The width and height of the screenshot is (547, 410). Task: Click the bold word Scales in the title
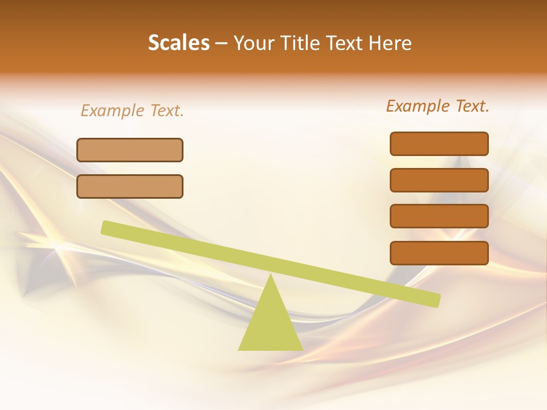179,43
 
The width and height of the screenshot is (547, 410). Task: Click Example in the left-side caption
113,110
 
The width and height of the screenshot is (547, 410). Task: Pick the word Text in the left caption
166,110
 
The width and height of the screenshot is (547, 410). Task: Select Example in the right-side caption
418,106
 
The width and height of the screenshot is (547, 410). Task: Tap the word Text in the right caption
471,106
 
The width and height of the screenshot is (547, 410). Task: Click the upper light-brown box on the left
130,150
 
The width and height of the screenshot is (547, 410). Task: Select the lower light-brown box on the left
130,186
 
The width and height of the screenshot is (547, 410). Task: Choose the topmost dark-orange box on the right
439,143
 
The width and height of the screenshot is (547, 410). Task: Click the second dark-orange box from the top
439,180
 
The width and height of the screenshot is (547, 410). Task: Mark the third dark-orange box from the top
439,216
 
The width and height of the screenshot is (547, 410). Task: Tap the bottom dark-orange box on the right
439,253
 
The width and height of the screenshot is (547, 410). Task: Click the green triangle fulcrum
271,325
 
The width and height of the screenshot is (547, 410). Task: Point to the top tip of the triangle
271,276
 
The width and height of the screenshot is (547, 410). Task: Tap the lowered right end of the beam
435,300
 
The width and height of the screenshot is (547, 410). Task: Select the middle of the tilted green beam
271,264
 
